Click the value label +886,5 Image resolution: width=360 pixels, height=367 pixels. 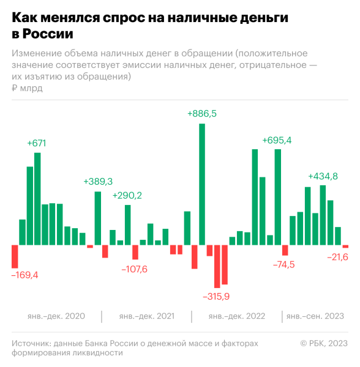(202, 114)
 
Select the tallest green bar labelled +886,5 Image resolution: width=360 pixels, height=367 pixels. (202, 183)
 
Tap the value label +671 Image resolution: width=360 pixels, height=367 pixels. (37, 143)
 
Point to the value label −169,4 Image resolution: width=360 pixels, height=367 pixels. (24, 275)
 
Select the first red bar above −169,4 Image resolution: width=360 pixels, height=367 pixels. (15, 256)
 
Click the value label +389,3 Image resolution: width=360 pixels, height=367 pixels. (98, 182)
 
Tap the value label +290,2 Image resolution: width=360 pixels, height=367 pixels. (127, 196)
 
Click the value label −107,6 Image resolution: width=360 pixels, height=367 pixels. (134, 269)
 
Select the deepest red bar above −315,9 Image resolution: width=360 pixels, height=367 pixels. (217, 266)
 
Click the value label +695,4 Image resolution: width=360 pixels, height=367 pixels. (277, 140)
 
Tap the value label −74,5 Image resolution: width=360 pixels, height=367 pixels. (283, 264)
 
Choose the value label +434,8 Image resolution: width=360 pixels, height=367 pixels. (323, 176)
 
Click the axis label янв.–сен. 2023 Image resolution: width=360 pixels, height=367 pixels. (315, 316)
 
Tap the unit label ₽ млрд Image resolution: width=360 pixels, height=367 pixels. (27, 89)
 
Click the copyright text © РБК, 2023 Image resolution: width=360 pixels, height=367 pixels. (323, 343)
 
